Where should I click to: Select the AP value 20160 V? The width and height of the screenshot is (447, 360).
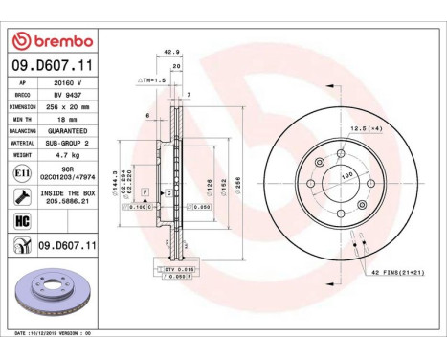click(64, 83)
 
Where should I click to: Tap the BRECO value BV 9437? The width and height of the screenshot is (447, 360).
click(64, 96)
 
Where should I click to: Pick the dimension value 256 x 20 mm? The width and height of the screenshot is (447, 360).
click(64, 107)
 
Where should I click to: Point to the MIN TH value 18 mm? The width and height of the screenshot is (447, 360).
click(64, 120)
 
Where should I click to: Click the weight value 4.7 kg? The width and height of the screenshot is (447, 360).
click(64, 154)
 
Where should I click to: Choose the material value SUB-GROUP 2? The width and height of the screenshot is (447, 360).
click(64, 143)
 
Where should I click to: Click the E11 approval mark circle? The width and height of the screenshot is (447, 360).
click(20, 172)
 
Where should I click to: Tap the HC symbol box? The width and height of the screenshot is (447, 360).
click(20, 220)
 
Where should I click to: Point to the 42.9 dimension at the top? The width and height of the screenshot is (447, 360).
click(171, 53)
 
